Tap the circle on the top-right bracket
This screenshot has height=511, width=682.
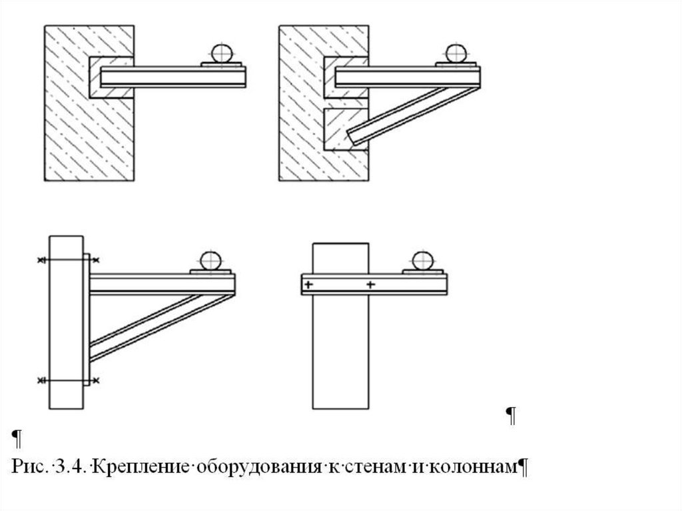click(x=456, y=53)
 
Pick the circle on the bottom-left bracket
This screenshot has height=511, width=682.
click(x=211, y=259)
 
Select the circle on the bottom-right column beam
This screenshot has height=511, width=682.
click(x=422, y=259)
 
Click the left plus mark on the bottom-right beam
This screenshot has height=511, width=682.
click(x=308, y=285)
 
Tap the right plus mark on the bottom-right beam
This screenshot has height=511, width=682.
click(x=370, y=285)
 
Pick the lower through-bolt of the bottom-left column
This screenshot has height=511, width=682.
click(x=67, y=380)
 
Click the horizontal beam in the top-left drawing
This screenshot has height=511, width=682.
click(x=173, y=77)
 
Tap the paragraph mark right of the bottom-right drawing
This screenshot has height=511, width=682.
click(x=511, y=416)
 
